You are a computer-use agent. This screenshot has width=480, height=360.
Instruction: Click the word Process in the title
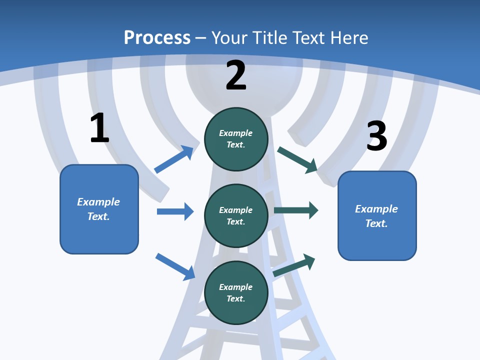click(x=157, y=38)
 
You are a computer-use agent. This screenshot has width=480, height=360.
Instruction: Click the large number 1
click(x=99, y=128)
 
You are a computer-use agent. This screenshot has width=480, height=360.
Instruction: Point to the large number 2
click(x=236, y=75)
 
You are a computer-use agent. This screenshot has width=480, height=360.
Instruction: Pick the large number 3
click(x=376, y=136)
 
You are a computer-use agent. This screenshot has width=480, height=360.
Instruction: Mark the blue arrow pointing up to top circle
click(x=174, y=159)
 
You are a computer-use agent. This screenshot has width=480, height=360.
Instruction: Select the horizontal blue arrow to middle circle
click(x=175, y=211)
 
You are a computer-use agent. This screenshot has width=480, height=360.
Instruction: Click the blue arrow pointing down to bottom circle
click(x=175, y=266)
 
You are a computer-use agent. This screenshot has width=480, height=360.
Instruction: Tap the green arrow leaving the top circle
click(x=297, y=159)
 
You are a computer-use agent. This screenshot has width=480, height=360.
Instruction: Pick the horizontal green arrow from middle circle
click(x=296, y=210)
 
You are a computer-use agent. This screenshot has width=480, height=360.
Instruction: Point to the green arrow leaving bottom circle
click(x=294, y=265)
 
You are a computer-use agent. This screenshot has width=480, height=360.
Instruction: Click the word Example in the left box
click(x=98, y=202)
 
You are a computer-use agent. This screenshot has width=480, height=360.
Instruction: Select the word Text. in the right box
click(x=376, y=223)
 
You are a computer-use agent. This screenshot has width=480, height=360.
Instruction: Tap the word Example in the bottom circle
click(x=235, y=287)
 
